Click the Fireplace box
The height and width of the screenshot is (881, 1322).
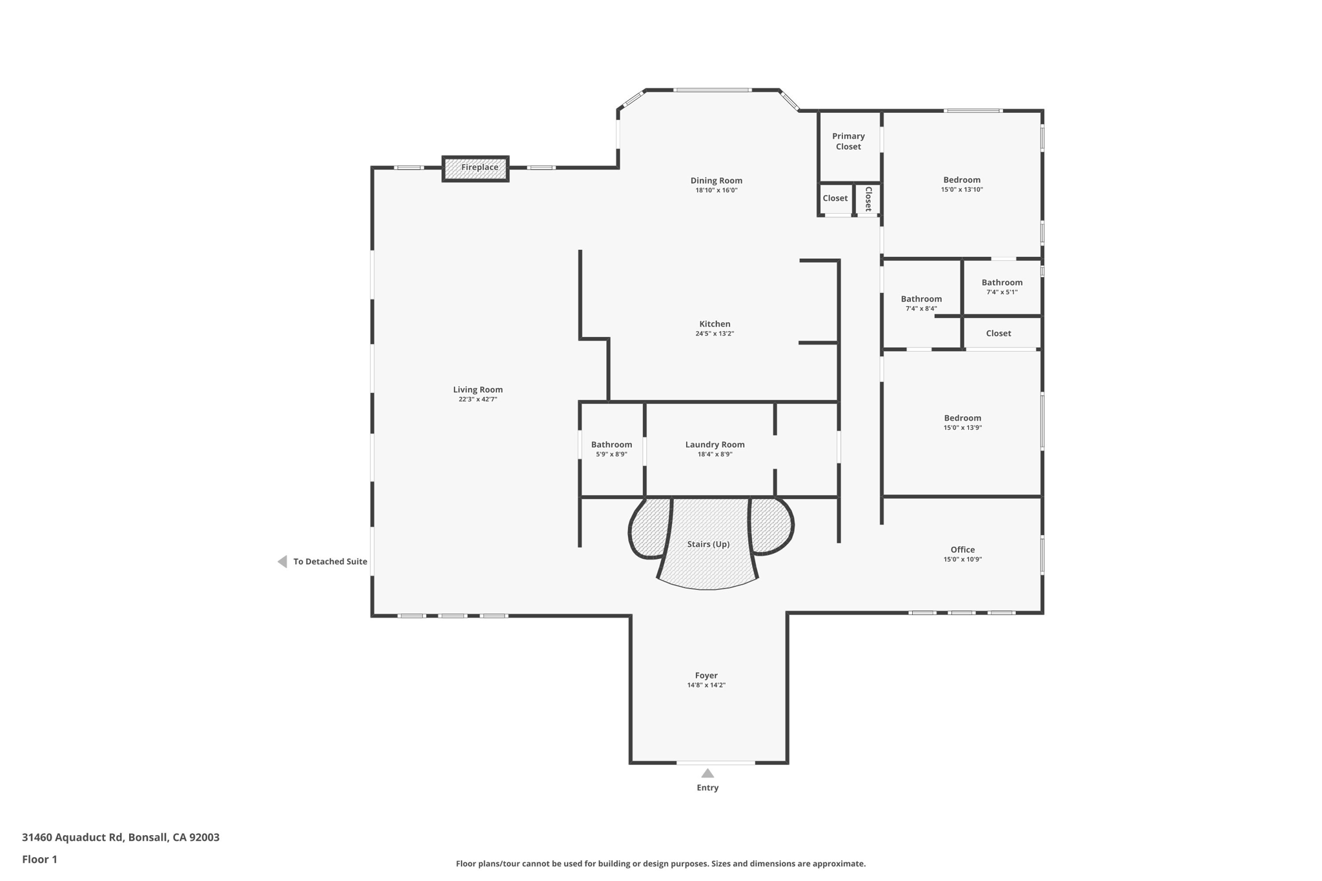(476, 168)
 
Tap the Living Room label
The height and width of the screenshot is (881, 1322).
(478, 390)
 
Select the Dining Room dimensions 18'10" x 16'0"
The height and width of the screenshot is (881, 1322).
(716, 190)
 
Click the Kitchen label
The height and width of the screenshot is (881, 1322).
(715, 324)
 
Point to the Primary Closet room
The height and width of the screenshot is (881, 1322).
(848, 142)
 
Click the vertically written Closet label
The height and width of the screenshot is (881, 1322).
(868, 199)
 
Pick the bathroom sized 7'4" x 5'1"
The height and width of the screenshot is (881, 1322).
(1002, 287)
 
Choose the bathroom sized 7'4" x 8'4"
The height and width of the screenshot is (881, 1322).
(921, 303)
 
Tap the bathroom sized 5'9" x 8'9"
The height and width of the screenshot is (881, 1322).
(611, 449)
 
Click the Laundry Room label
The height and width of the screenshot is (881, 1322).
(715, 445)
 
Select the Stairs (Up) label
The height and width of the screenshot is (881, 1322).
(708, 544)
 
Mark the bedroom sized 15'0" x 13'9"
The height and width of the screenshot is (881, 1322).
(962, 422)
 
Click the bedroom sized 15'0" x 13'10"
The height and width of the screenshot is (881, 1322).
(962, 184)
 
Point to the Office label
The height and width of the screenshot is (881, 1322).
(962, 550)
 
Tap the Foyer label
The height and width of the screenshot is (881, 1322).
(706, 676)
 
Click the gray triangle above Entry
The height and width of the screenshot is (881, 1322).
(707, 773)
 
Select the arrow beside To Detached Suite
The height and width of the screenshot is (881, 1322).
(282, 562)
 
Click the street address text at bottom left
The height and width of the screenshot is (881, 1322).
(121, 837)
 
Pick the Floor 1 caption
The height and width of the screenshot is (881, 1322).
(39, 859)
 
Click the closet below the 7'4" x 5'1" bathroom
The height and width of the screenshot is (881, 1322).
(998, 334)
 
